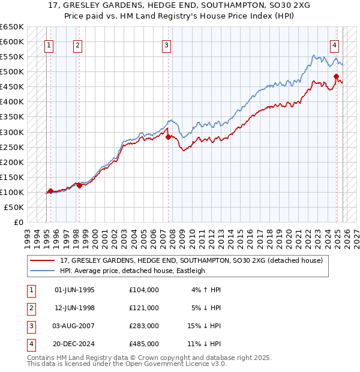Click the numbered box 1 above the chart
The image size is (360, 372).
(49, 44)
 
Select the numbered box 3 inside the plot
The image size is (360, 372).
(166, 44)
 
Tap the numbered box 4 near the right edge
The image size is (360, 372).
(334, 44)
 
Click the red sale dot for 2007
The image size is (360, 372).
(168, 137)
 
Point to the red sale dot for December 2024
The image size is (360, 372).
(337, 76)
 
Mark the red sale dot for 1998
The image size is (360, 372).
(79, 185)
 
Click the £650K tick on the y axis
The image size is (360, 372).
(12, 27)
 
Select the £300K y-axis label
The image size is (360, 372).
(12, 132)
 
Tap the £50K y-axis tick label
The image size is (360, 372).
(14, 207)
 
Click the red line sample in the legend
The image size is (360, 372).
(43, 261)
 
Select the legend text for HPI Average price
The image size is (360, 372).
(133, 271)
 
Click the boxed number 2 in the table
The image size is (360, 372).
(31, 308)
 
